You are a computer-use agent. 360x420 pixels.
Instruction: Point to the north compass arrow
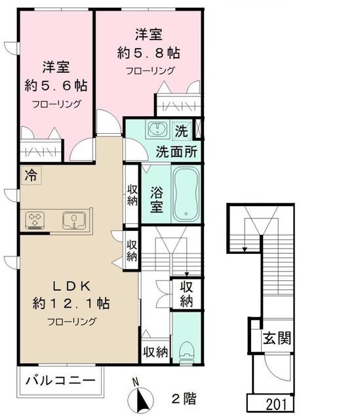138,397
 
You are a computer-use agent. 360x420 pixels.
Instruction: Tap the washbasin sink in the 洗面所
157,129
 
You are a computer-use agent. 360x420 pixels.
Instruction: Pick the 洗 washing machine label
181,130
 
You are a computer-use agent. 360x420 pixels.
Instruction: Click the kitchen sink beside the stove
73,219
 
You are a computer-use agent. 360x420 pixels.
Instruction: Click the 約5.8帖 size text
148,52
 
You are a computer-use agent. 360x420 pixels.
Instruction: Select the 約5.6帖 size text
55,85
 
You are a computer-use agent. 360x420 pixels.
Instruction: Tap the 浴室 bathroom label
155,200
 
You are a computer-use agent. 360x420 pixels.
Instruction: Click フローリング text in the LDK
71,322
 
